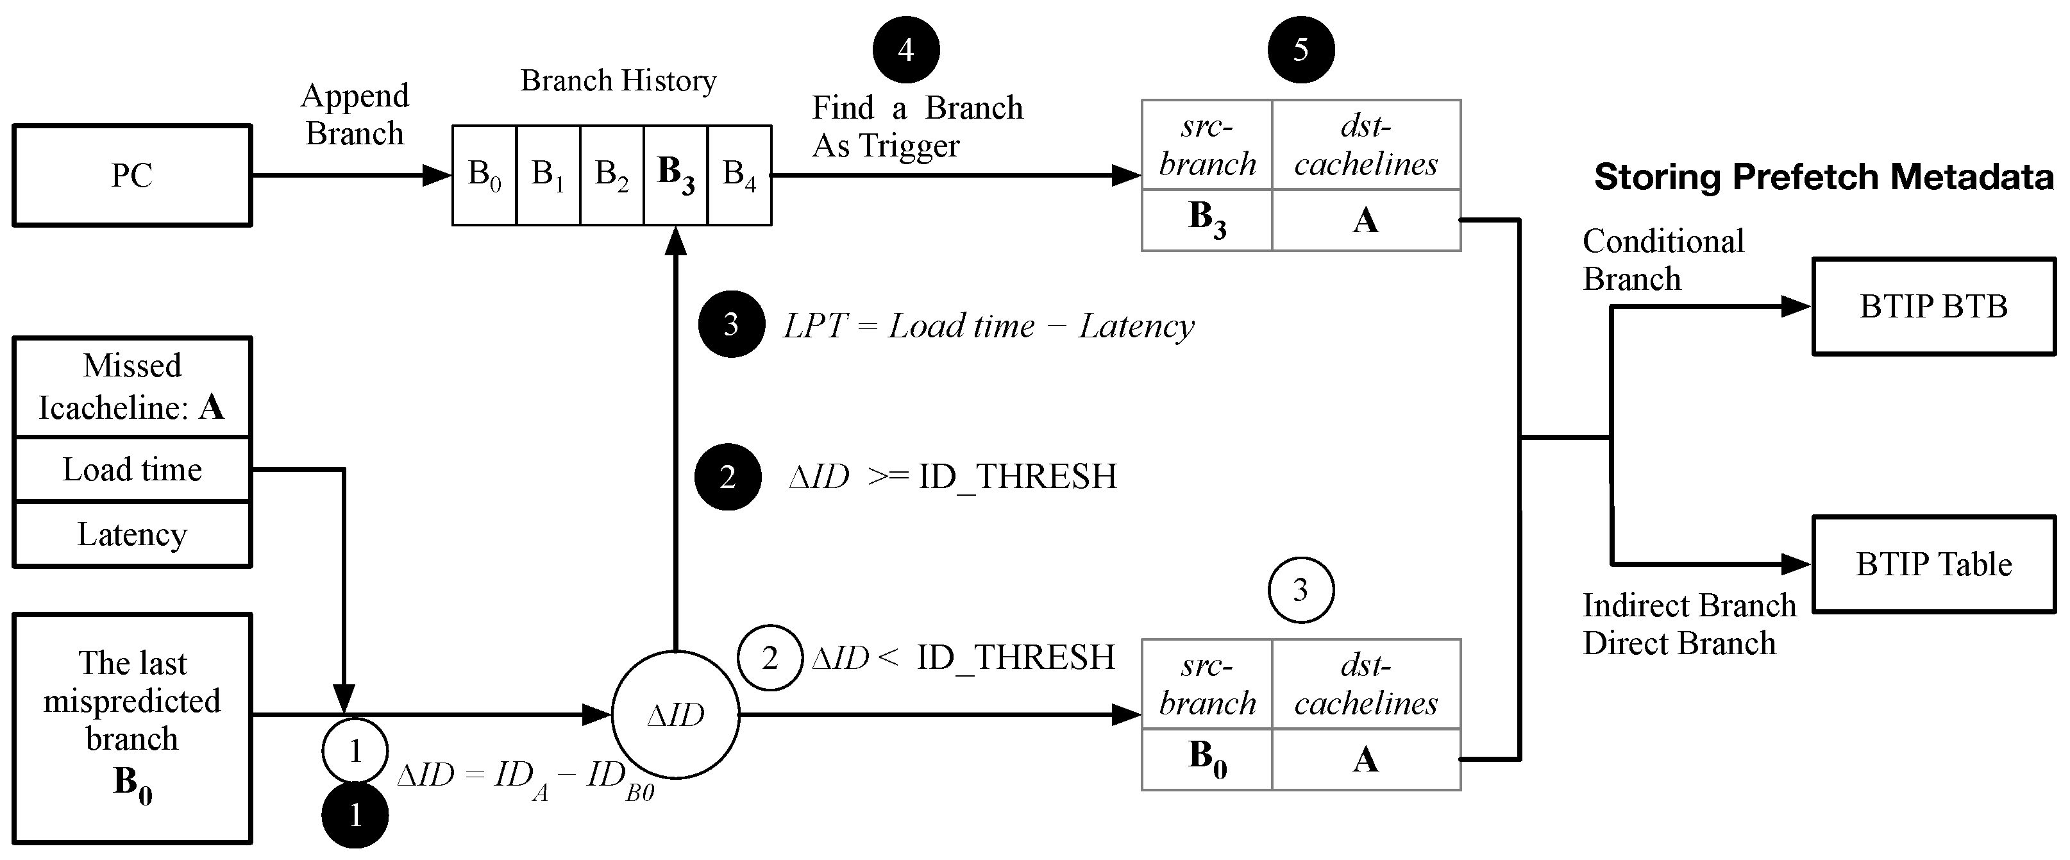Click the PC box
click(x=132, y=175)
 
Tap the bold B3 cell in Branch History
click(x=675, y=175)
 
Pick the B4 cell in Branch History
click(x=739, y=175)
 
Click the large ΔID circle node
click(x=675, y=714)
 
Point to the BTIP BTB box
click(x=1933, y=306)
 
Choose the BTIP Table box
click(x=1933, y=564)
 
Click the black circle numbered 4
click(x=905, y=50)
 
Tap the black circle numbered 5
click(x=1301, y=50)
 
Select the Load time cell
click(x=132, y=469)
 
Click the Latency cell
click(x=132, y=534)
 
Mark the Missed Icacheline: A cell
click(x=132, y=387)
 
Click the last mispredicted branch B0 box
click(x=132, y=728)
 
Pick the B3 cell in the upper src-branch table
click(x=1207, y=219)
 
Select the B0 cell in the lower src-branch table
click(x=1207, y=759)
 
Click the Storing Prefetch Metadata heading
click(x=1823, y=177)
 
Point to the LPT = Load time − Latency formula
click(x=988, y=326)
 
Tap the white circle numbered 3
click(x=1301, y=590)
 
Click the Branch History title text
click(x=618, y=80)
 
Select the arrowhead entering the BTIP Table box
click(x=1796, y=564)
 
